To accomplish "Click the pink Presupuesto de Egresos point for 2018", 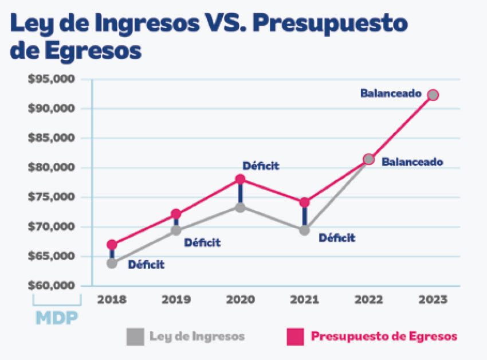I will [x=112, y=245].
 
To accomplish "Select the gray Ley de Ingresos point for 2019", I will [x=176, y=230].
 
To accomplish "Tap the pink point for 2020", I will [x=241, y=179].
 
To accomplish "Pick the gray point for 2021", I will [x=304, y=230].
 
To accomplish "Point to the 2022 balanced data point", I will [x=369, y=159].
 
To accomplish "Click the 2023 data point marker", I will [x=433, y=95].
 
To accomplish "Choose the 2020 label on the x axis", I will [x=240, y=299].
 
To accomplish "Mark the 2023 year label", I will [x=433, y=299].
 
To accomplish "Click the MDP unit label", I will [x=57, y=318].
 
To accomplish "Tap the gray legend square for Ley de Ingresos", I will [x=135, y=336].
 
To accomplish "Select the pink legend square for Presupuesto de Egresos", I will [x=295, y=336].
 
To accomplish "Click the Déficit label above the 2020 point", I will [x=261, y=166].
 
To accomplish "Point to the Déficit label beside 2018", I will [x=146, y=265].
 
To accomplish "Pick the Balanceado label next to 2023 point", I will [x=391, y=93].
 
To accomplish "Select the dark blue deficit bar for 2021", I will [x=304, y=217].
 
